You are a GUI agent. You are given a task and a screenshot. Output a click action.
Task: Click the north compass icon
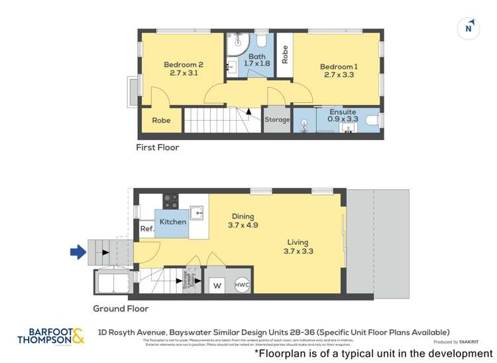tap(469, 28)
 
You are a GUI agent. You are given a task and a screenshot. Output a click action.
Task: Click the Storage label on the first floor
tap(277, 119)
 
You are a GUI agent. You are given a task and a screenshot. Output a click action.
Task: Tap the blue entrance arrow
tap(78, 252)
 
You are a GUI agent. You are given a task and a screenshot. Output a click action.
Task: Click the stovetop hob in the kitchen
tap(171, 200)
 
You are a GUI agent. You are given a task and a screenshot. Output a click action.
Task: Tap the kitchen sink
tap(197, 214)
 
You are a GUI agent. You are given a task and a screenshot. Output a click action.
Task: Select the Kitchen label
tap(173, 222)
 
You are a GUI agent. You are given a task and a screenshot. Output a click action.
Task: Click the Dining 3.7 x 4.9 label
tap(243, 220)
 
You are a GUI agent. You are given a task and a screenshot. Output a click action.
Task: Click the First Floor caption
tap(157, 147)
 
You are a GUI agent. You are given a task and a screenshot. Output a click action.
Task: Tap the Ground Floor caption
tap(120, 309)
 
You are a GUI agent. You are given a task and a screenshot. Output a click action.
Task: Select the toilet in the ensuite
tap(372, 120)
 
